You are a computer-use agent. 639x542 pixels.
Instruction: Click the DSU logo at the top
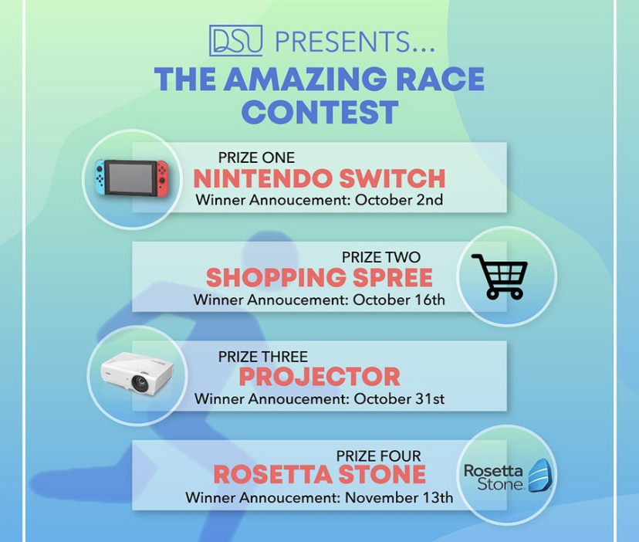[235, 40]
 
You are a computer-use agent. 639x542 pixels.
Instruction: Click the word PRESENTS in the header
[343, 42]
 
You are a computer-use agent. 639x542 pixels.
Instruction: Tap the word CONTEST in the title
[320, 112]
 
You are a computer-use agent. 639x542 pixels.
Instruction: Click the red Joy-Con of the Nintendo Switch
[162, 178]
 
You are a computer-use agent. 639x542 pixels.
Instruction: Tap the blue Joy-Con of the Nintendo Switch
[100, 178]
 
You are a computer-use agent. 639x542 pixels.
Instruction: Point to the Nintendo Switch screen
[130, 178]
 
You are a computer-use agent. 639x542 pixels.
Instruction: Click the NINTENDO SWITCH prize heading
[319, 178]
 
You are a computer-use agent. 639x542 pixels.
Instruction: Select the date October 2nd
[398, 200]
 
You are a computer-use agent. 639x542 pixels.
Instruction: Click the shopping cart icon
[499, 276]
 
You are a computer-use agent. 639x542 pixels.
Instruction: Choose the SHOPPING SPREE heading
[319, 278]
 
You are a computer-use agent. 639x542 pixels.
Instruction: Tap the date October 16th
[398, 300]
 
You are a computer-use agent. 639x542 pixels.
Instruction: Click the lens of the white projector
[140, 382]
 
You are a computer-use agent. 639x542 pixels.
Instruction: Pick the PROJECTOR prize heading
[319, 377]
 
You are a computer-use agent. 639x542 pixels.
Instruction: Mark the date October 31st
[399, 398]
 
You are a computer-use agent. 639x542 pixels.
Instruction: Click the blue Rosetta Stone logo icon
[540, 475]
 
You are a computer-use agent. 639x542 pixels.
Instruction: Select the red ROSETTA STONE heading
[319, 475]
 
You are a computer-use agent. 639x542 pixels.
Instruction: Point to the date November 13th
[399, 497]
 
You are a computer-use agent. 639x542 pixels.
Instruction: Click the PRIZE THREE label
[263, 357]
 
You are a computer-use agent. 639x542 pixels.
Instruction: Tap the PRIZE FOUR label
[379, 456]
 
